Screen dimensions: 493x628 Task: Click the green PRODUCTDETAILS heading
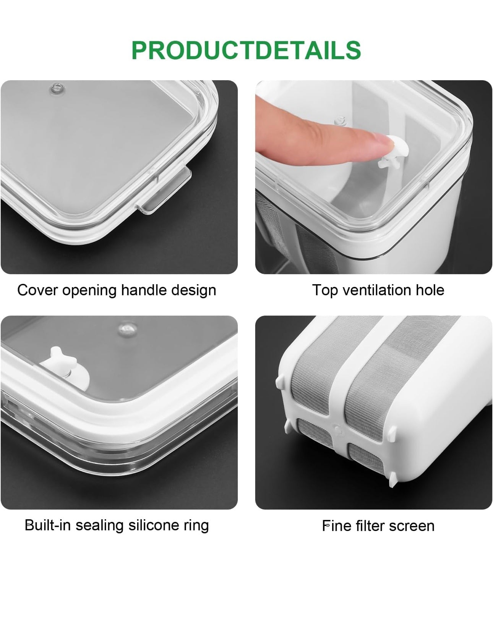coord(246,50)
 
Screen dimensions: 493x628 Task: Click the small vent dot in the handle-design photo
coord(57,88)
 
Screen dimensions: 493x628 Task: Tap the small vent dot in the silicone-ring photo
coord(126,329)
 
